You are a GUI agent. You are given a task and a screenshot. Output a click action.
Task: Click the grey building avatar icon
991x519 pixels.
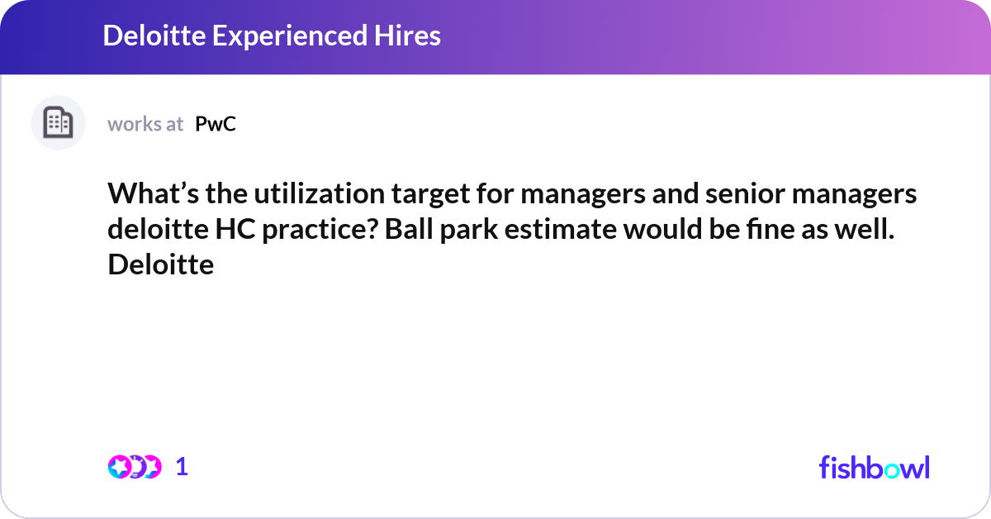[58, 123]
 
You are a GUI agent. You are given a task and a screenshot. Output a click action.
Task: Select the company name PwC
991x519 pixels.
[216, 124]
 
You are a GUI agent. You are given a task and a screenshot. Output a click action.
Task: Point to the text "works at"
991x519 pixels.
[145, 124]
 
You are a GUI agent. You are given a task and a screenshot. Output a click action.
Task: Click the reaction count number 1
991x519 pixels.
[183, 467]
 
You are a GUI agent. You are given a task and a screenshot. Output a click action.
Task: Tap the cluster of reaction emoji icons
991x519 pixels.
[135, 467]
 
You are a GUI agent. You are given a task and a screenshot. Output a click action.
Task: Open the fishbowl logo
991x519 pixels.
[874, 467]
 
